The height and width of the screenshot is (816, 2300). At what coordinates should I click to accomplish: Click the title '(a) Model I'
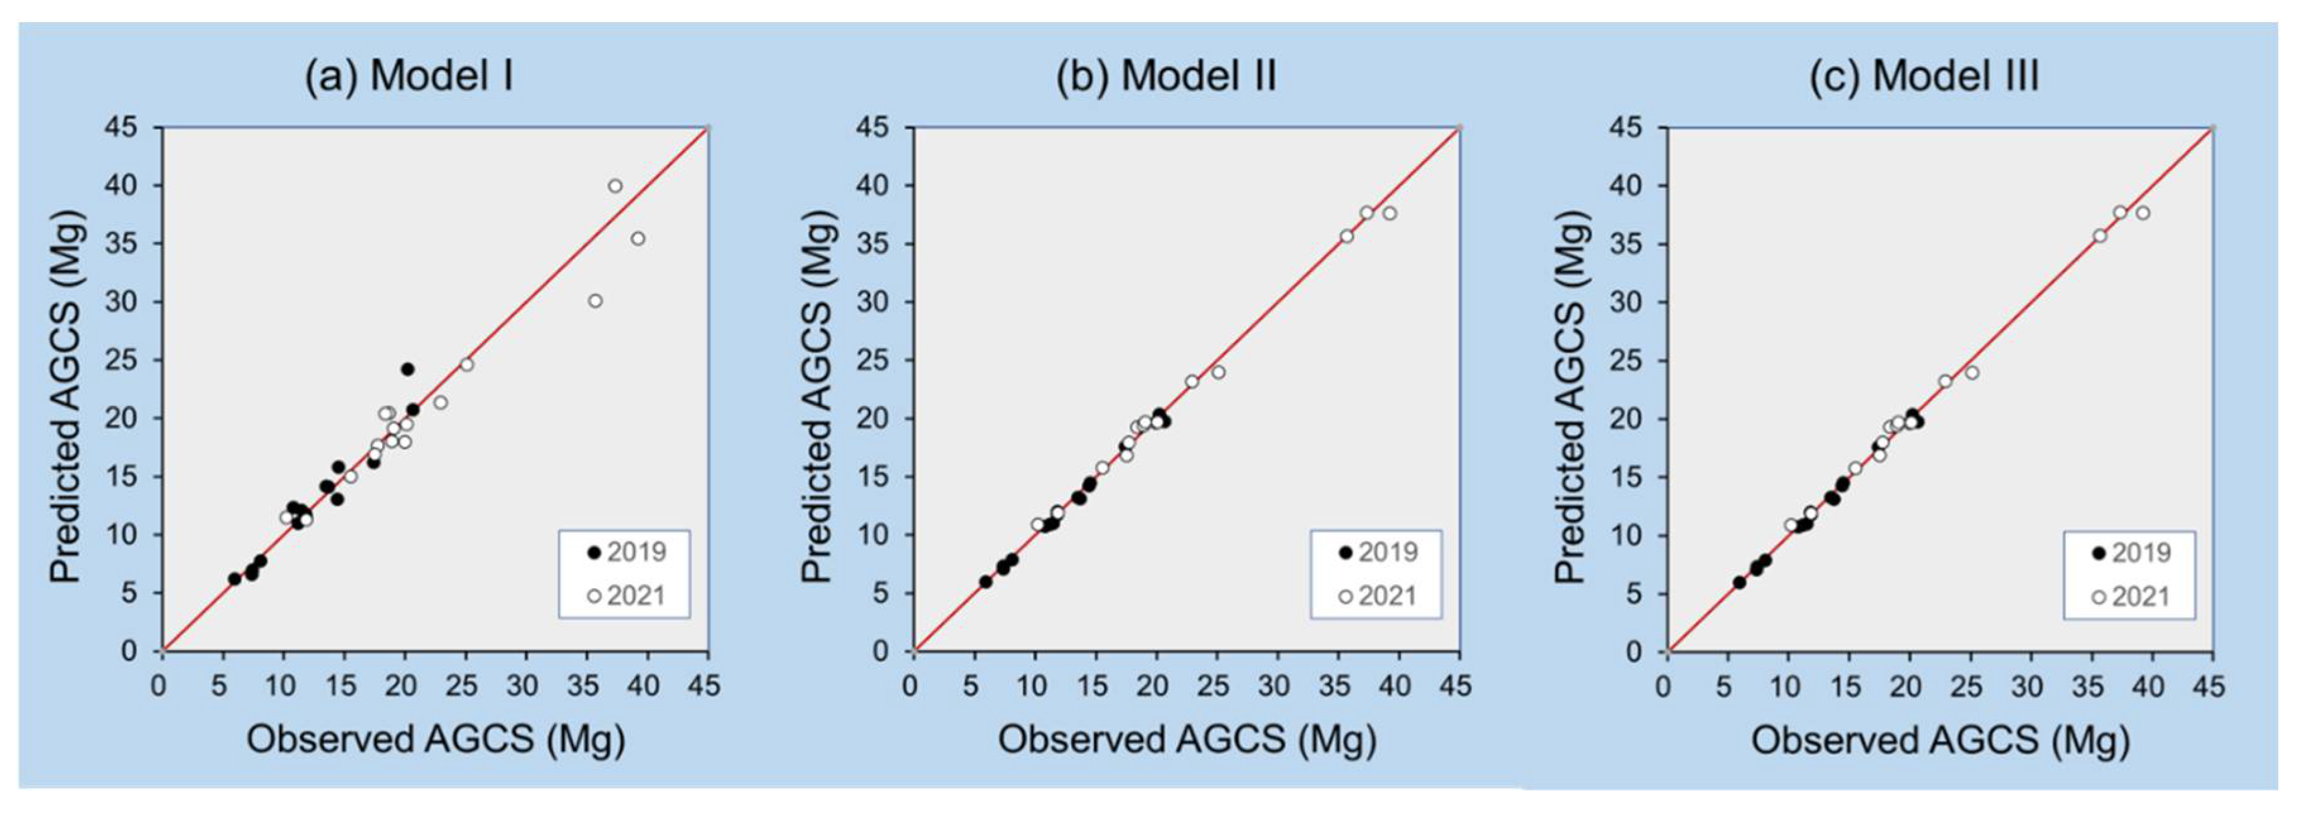409,76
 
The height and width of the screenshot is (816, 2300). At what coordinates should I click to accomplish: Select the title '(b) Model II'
1165,76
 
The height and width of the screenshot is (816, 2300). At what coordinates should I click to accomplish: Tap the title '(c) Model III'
1923,76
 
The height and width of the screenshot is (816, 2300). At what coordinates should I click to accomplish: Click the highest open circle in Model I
615,186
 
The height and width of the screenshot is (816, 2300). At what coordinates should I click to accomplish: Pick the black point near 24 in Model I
407,369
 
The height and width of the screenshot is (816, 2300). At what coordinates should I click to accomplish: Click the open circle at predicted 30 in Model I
595,301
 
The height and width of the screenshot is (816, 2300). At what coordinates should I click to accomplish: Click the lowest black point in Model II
986,581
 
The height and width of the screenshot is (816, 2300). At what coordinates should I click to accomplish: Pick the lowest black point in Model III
1740,582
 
